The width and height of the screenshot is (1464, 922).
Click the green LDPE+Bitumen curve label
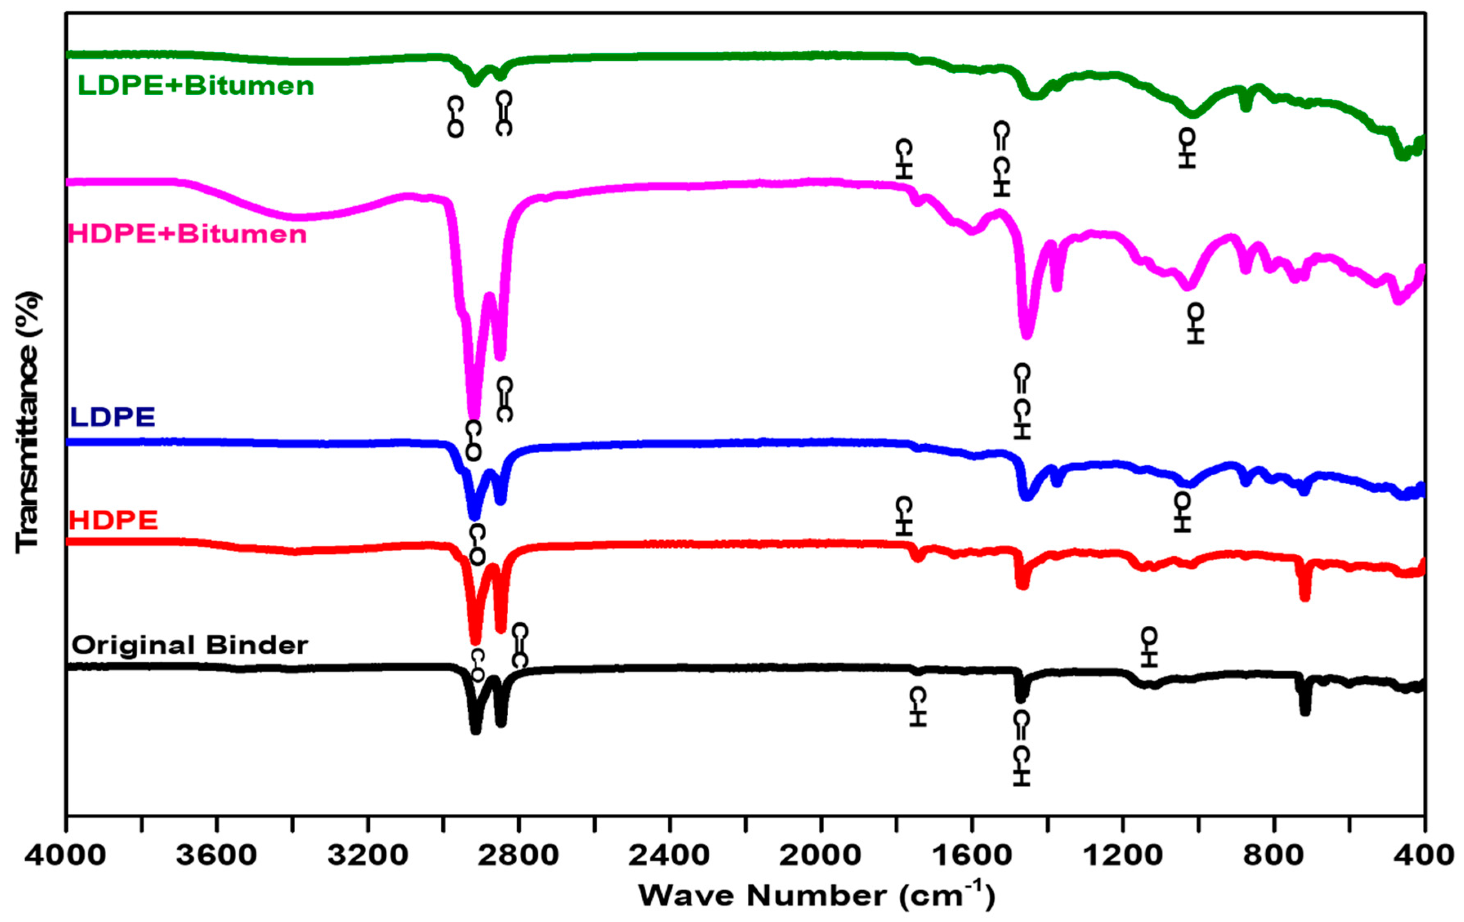pos(196,86)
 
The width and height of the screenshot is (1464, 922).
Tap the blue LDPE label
pos(113,417)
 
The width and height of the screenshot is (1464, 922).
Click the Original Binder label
pos(190,645)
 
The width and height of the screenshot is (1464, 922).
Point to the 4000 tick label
pos(66,855)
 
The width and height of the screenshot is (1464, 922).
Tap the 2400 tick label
pos(669,855)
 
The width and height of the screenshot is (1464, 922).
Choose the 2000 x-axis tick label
pos(820,855)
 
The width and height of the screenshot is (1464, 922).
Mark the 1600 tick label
pos(971,855)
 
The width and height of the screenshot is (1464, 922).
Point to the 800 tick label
pos(1273,855)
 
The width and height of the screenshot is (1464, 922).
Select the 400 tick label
pos(1424,855)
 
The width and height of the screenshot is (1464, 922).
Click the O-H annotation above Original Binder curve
pos(1149,648)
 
